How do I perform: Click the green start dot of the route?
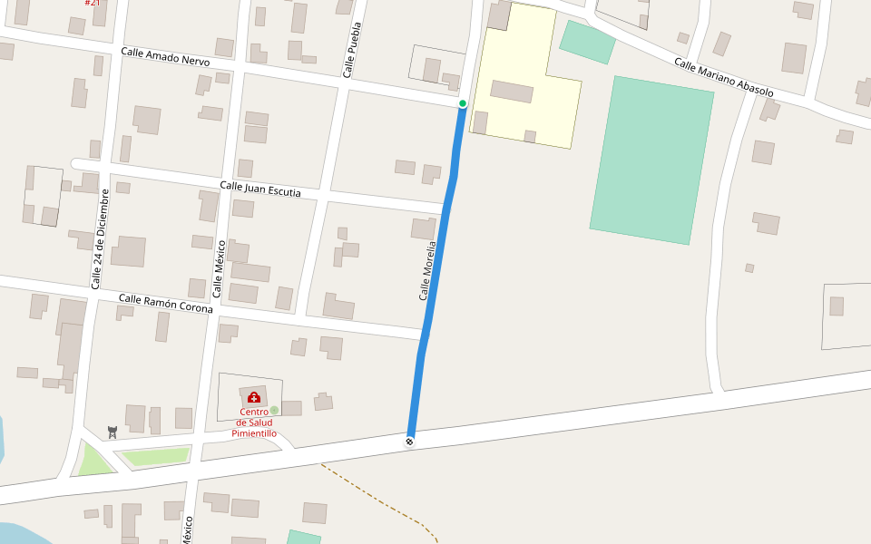coord(463,103)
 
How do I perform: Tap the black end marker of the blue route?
coord(409,442)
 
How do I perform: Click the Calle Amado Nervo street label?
coord(165,56)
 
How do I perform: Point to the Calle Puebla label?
coord(352,49)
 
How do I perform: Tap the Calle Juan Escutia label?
coord(260,189)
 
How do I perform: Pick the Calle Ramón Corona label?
coord(166,303)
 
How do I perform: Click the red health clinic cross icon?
coord(254,397)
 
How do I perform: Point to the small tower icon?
coord(113,432)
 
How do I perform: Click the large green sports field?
coord(651,160)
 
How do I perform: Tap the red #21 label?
coord(93,3)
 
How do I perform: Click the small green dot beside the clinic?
coord(274,411)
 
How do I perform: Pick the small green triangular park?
coord(94,460)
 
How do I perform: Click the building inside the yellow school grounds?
coord(512,91)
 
